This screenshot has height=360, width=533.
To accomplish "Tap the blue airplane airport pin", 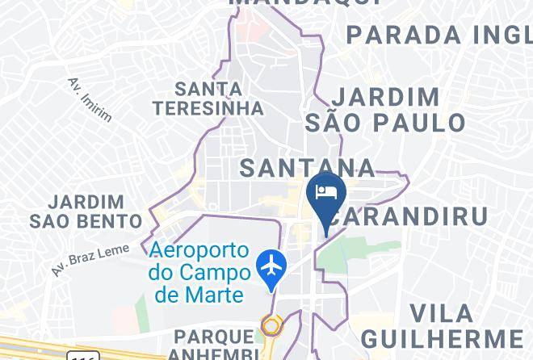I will pos(271,266).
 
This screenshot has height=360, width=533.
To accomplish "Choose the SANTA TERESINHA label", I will pos(209,98).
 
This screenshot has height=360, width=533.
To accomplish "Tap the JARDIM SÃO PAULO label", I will pos(386,110).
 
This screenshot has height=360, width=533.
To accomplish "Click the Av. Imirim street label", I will pos(90,99).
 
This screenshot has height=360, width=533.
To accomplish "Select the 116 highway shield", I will pos(83,356).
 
